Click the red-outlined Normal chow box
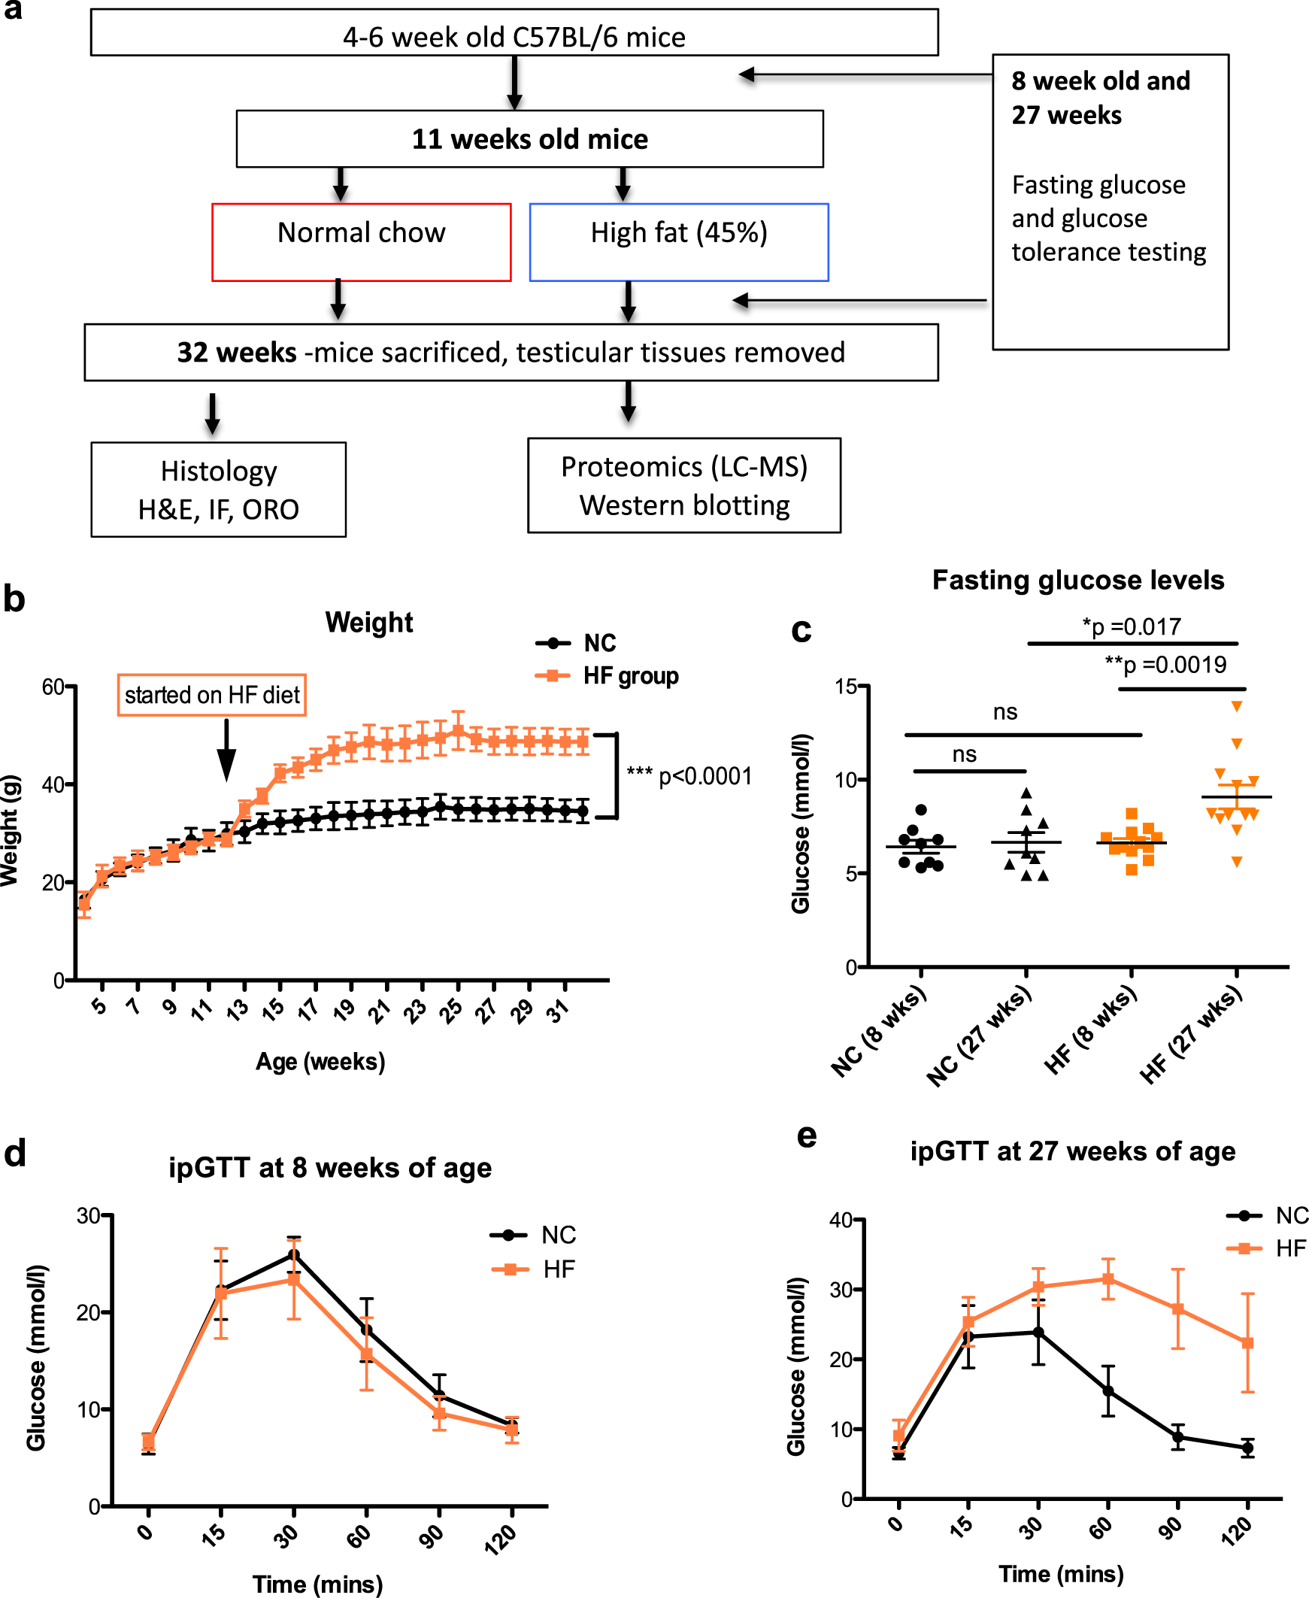coord(361,241)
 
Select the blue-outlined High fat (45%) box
coord(679,241)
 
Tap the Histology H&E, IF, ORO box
coord(218,490)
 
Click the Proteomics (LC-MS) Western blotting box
coord(684,485)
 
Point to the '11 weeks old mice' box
coord(529,139)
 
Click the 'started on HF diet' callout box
coord(212,695)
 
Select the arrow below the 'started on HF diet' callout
coord(226,750)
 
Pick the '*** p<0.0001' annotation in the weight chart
coord(689,776)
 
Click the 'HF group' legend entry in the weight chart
coord(630,676)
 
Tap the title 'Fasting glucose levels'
coord(1077,580)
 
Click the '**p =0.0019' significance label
coord(1165,664)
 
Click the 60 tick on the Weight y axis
coord(53,687)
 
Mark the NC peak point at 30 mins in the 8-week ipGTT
coord(294,1255)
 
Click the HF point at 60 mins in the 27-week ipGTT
coord(1107,1279)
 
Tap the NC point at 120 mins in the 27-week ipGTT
coord(1247,1448)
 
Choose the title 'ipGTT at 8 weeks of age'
coord(329,1168)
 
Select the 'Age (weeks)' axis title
coord(320,1062)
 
